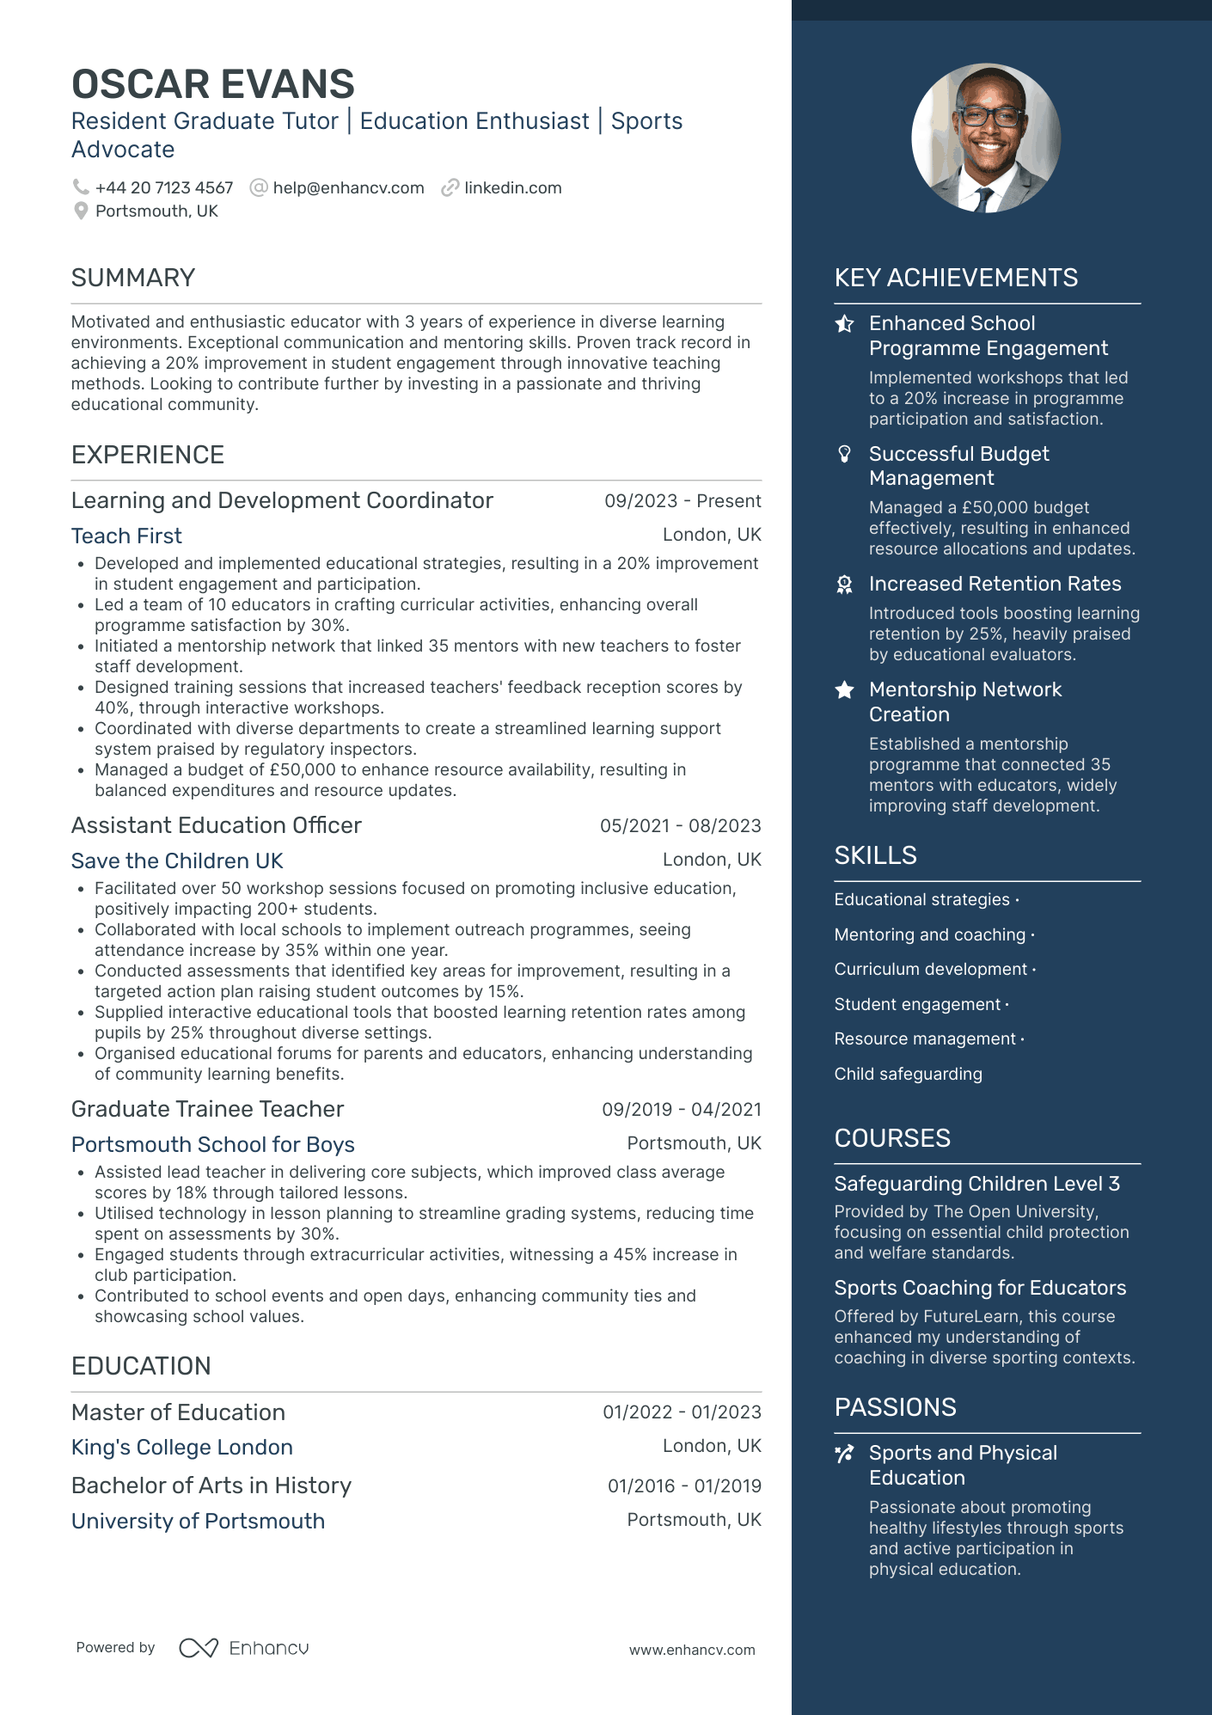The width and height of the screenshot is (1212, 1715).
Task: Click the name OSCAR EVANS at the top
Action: (x=212, y=84)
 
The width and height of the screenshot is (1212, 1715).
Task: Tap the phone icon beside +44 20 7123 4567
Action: (x=81, y=187)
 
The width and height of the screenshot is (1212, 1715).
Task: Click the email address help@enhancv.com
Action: (x=348, y=188)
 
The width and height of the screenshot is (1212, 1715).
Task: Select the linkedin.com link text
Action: (x=512, y=188)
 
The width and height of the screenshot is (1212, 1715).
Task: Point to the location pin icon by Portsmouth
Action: (x=81, y=211)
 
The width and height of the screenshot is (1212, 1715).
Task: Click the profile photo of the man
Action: (x=985, y=138)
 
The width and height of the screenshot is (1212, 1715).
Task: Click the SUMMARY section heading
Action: (x=133, y=278)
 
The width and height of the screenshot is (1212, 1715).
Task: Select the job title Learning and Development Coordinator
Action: (x=282, y=500)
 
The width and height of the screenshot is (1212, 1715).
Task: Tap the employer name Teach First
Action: (x=126, y=536)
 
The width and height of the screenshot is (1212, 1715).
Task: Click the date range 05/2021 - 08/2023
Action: (x=680, y=826)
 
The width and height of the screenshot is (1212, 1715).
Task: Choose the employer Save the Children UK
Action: (x=177, y=861)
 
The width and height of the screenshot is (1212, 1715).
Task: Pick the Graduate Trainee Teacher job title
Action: (x=207, y=1109)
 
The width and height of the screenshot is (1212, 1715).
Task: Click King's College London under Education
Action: (x=182, y=1447)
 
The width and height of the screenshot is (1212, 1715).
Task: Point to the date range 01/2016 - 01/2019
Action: (x=684, y=1485)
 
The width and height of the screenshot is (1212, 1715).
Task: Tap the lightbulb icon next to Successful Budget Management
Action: (x=845, y=454)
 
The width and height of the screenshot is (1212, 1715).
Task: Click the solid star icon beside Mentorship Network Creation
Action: (x=845, y=689)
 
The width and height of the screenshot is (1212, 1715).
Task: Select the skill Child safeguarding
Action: (x=908, y=1074)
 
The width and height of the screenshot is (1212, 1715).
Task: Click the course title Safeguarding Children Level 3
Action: (x=976, y=1184)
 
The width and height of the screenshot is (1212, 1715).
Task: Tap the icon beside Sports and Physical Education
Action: (x=845, y=1453)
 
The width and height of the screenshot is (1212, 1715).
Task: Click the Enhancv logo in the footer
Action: (x=244, y=1648)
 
